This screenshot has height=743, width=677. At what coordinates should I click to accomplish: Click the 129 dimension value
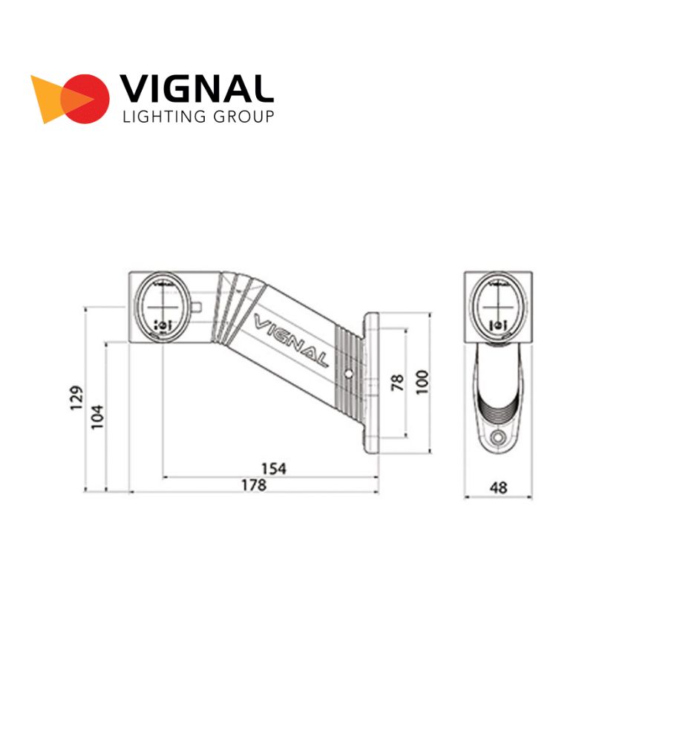[76, 398]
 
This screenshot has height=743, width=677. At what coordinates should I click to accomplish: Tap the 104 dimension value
[97, 417]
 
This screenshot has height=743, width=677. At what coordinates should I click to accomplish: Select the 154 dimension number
[274, 469]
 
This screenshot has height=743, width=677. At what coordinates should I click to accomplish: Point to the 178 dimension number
[254, 484]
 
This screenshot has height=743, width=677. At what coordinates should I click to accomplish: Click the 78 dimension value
[398, 382]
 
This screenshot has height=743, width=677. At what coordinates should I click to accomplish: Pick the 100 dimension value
[422, 382]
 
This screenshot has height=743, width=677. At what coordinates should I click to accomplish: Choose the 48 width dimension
[499, 487]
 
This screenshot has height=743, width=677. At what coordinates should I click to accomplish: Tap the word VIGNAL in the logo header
[197, 88]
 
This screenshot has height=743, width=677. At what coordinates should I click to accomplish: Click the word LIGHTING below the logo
[164, 116]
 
